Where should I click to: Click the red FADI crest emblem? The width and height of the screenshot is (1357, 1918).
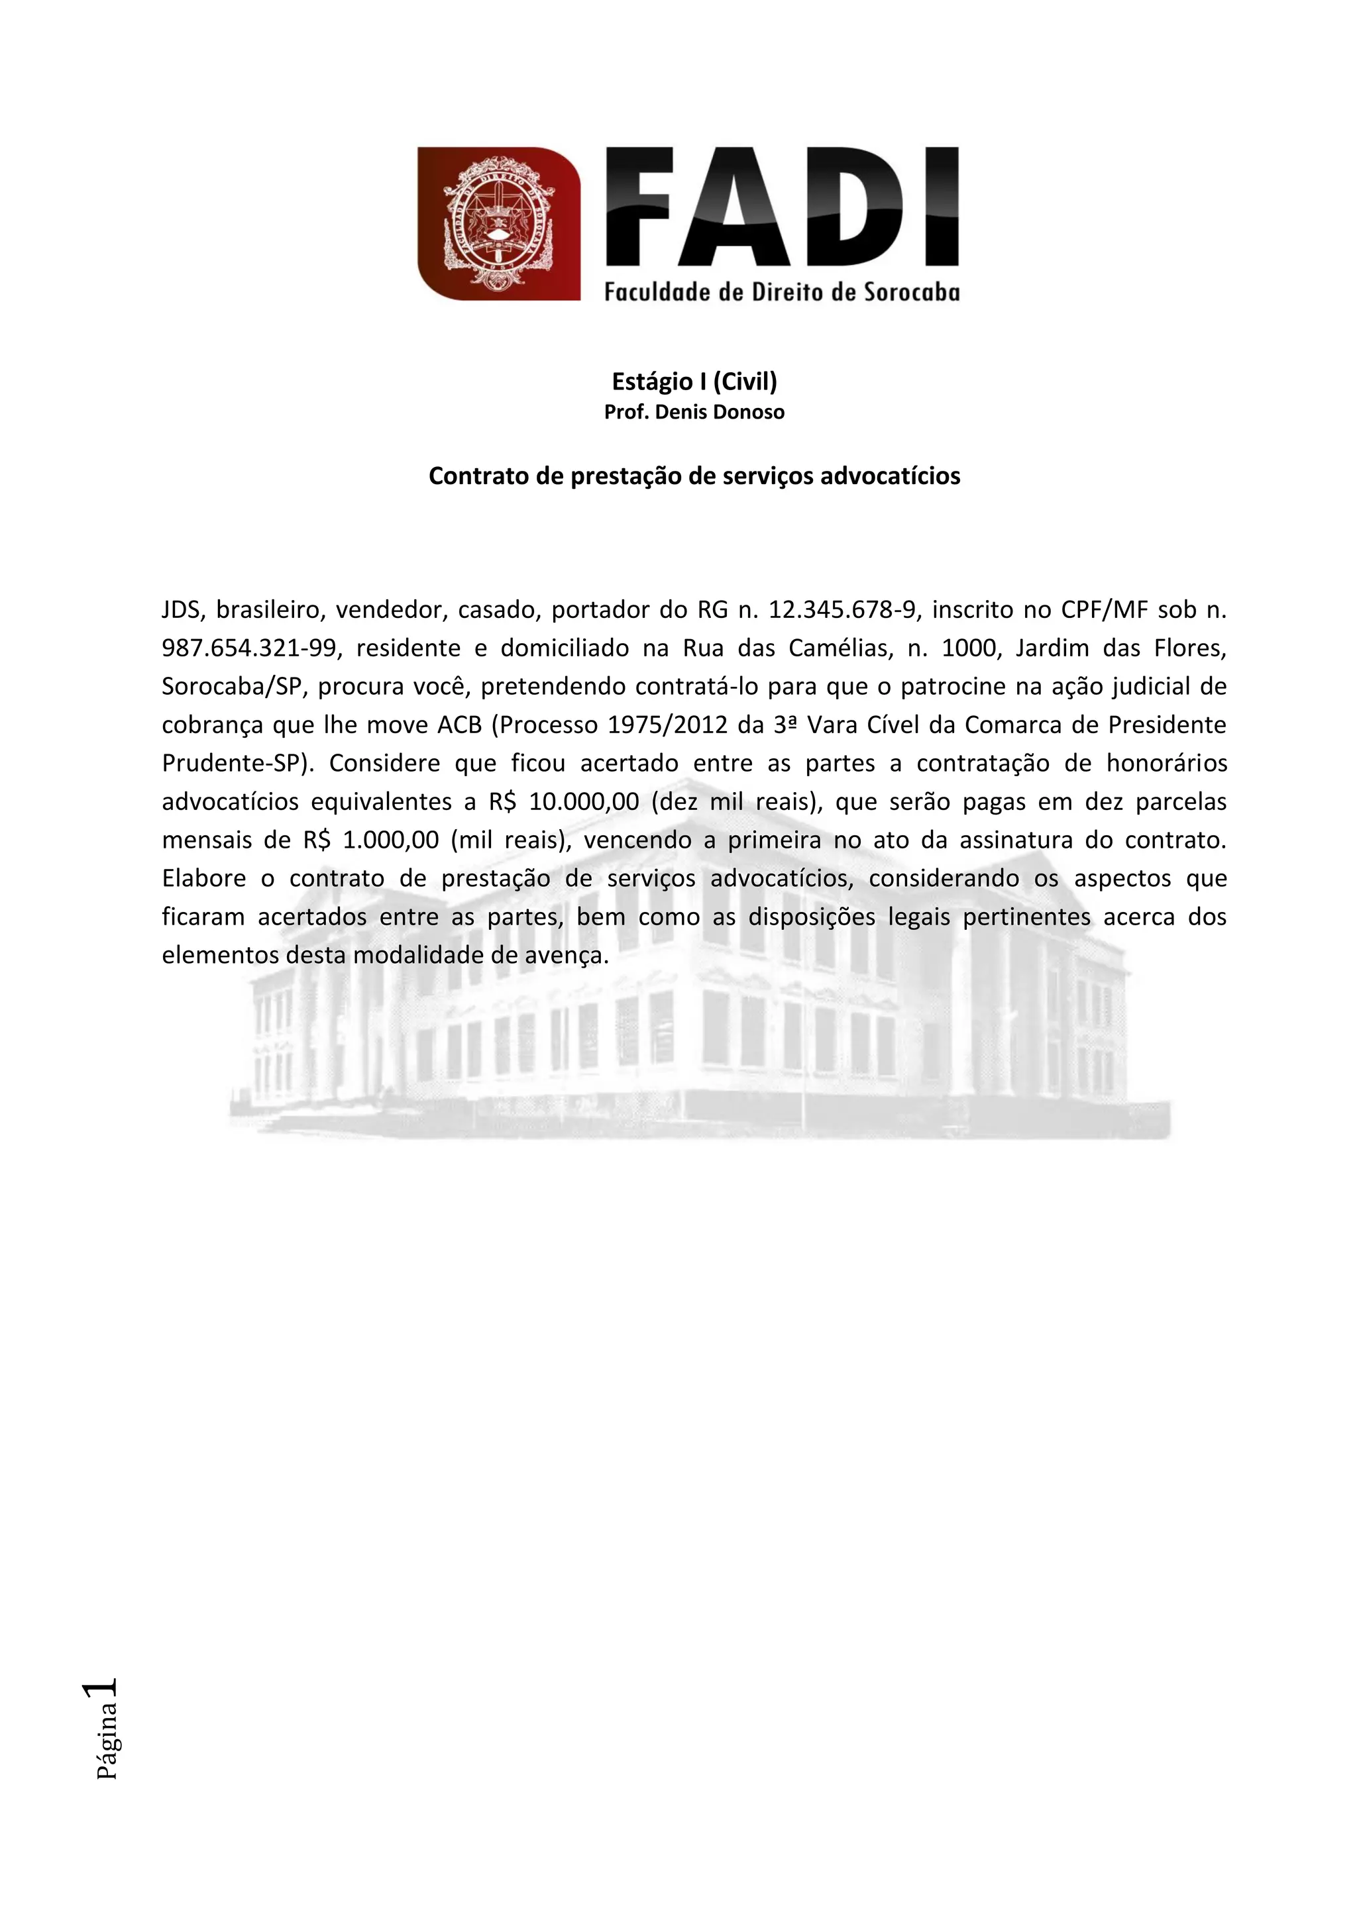499,223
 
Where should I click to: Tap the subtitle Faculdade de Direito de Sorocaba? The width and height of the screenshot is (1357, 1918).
782,292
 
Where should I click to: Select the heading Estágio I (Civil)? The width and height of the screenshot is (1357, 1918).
694,381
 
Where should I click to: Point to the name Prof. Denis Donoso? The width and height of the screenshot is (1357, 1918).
694,413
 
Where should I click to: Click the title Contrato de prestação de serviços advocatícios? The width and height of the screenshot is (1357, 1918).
694,476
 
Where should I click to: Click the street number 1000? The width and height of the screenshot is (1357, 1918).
969,648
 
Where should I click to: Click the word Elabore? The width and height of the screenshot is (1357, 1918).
204,879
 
